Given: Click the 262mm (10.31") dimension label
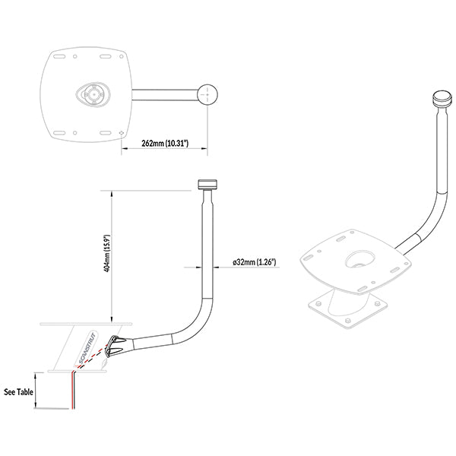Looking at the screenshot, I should point(165,143).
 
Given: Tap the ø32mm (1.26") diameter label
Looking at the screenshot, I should point(254,263).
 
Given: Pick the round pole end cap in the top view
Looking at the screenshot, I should point(207,94).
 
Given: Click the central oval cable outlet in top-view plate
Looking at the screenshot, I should point(91,95).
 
